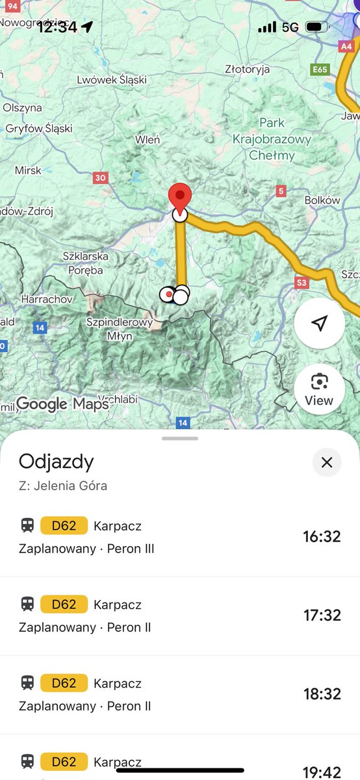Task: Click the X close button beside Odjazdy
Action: point(327,462)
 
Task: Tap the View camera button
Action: point(319,389)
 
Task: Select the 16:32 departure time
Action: point(322,536)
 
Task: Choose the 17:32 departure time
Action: point(322,615)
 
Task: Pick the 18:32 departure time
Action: point(322,694)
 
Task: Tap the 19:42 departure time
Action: point(322,772)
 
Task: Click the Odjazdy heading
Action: point(57,461)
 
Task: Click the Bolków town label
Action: point(322,200)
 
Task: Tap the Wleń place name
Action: point(148,139)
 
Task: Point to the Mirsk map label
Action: point(28,170)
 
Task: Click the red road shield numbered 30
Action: point(100,177)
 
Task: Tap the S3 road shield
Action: point(301,283)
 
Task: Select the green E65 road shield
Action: point(320,69)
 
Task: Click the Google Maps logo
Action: point(62,404)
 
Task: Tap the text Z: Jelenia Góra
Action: point(63,486)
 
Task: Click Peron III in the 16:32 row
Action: point(131,549)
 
